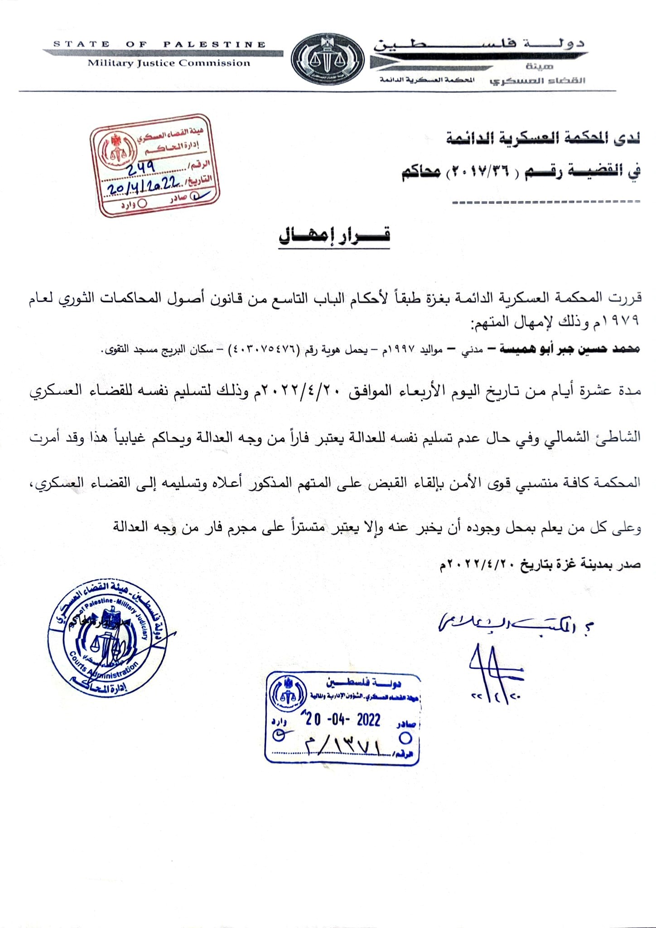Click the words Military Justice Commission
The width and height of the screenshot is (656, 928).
point(169,63)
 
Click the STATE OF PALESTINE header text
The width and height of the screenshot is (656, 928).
point(159,44)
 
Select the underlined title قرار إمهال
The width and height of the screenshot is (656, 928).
point(334,236)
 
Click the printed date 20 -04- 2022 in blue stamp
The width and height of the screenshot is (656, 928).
point(343,720)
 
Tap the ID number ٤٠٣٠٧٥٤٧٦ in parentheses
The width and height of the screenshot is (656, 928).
point(265,349)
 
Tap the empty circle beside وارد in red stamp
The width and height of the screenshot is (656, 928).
point(143,203)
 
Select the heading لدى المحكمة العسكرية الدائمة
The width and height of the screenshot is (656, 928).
point(543,139)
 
